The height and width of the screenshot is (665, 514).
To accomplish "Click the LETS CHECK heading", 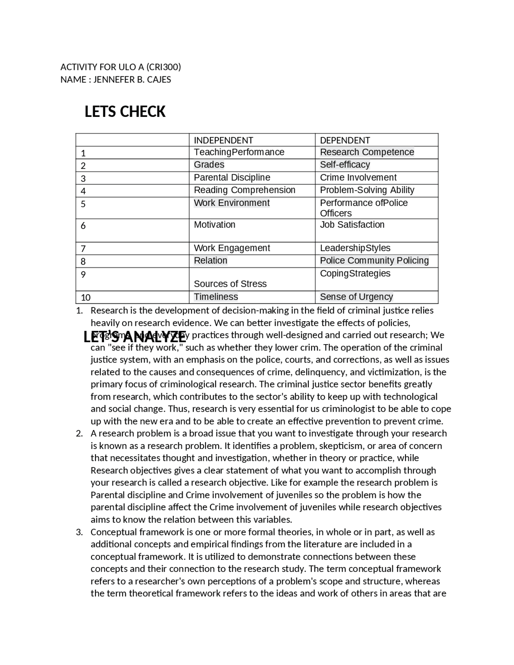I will point(125,112).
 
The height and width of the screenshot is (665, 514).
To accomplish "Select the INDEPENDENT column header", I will point(223,140).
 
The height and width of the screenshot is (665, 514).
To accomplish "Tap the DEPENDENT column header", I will point(345,140).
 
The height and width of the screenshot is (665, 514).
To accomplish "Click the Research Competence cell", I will point(367,152).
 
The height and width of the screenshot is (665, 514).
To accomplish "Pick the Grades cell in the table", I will point(209,165).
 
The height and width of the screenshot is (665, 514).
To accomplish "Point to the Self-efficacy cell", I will point(345,165).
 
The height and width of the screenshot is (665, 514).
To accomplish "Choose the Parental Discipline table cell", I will point(232,177).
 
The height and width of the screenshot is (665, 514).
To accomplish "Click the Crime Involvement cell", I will point(358,177).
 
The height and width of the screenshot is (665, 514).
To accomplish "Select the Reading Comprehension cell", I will point(245,190).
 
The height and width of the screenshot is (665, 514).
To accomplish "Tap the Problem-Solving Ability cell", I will point(367,190).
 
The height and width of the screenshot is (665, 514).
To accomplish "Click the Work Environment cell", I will point(232,203).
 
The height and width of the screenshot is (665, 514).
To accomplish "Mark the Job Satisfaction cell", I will point(352,224).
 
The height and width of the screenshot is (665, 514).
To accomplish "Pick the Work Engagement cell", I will point(232,248).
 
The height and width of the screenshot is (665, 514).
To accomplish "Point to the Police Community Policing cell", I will point(374,261).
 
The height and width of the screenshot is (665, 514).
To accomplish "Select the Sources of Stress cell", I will point(230,284).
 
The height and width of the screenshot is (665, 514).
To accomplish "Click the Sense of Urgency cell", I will point(356,297).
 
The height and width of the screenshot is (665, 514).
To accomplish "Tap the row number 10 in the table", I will point(86,298).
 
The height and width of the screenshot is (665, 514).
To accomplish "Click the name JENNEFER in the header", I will point(114,80).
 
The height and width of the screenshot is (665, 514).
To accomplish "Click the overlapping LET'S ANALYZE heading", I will point(135,337).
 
